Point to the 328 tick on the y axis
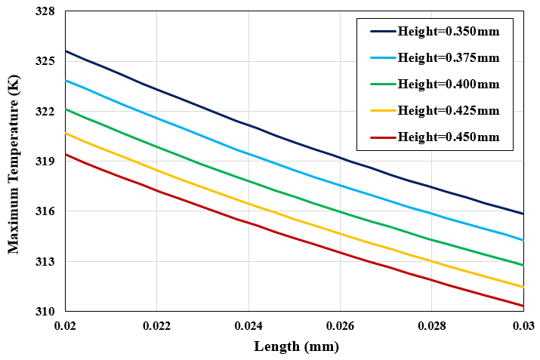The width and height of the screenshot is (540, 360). (x=45, y=12)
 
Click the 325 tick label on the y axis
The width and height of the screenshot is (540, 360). (x=45, y=61)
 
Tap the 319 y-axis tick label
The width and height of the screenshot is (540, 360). (x=45, y=162)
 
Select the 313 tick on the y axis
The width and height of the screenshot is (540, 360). (x=45, y=262)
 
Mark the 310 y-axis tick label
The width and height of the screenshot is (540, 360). (x=45, y=312)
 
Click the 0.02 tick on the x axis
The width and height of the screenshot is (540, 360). (x=66, y=327)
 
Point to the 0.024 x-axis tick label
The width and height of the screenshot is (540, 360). (x=248, y=327)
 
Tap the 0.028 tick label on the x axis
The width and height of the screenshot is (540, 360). (x=431, y=327)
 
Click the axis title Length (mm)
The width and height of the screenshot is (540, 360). (x=296, y=347)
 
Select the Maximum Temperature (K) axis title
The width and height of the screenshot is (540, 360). (x=14, y=162)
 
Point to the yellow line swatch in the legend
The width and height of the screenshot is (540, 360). (x=381, y=110)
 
